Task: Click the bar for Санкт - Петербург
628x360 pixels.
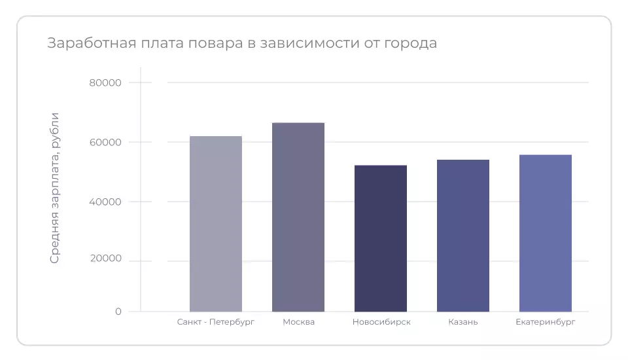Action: [216, 224]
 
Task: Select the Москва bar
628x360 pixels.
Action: [298, 217]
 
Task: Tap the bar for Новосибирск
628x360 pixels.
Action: [381, 238]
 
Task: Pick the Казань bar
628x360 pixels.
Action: [463, 236]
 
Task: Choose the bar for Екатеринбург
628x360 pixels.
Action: [546, 233]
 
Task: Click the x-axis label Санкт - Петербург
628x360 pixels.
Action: [216, 322]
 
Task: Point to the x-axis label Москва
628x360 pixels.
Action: [299, 322]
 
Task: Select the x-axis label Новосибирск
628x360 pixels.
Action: [381, 322]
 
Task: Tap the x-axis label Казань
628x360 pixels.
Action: [463, 322]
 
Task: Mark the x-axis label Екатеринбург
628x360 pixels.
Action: [546, 322]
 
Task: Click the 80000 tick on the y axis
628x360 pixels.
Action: [105, 82]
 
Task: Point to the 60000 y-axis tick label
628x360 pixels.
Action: [105, 142]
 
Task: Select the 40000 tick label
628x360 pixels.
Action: [105, 202]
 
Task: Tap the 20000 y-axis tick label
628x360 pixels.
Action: [105, 259]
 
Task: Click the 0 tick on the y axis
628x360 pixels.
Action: [118, 312]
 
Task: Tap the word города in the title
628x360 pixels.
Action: [410, 44]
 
